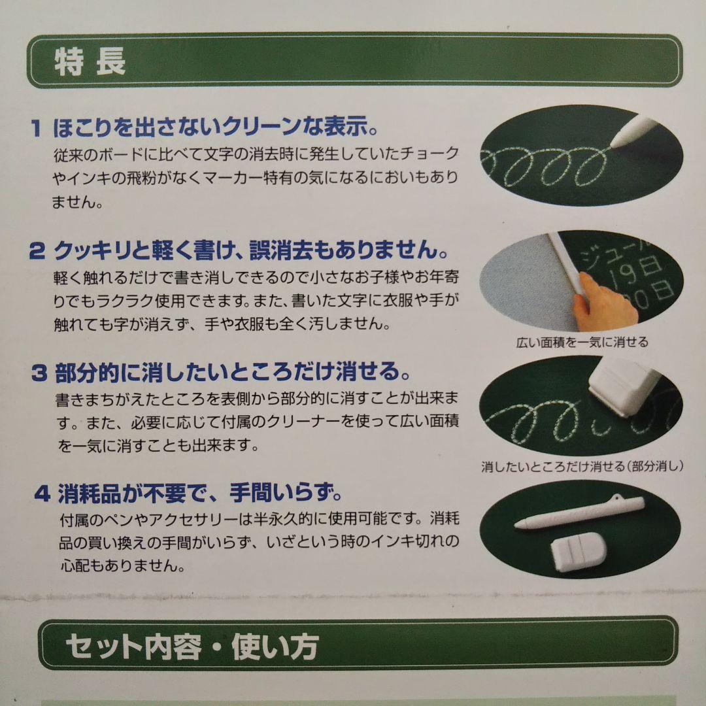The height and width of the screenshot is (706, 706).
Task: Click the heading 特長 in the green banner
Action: coord(90,64)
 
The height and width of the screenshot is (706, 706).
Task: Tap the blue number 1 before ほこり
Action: coord(38,126)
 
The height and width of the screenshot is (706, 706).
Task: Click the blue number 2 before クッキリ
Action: coord(38,250)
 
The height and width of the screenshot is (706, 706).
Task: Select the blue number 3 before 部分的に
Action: coord(39,373)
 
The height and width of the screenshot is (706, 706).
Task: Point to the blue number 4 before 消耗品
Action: coord(42,492)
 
